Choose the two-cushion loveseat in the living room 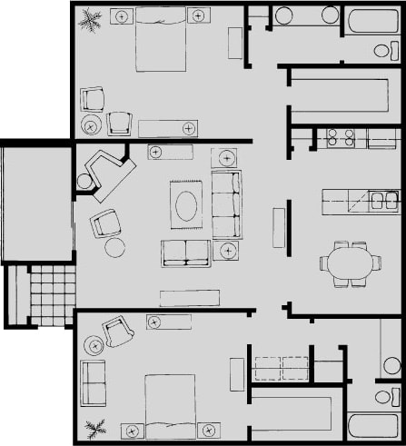[186, 253]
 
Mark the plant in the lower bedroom [94, 426]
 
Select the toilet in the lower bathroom [386, 398]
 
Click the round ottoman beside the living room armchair [115, 247]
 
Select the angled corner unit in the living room [107, 173]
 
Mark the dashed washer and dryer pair [281, 368]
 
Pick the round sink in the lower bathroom [391, 365]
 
